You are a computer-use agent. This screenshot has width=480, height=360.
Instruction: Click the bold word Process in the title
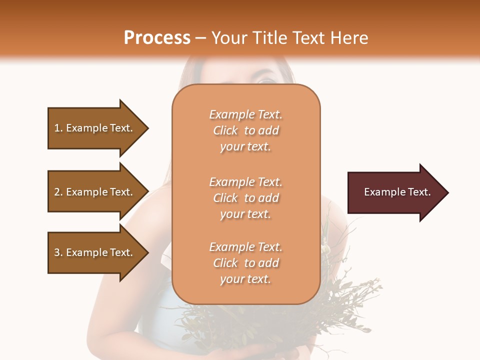point(157,37)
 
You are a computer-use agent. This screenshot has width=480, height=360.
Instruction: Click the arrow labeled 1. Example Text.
point(95,128)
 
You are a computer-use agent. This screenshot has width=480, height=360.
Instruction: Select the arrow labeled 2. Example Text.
point(95,192)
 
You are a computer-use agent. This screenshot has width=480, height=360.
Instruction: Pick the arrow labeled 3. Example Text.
point(95,252)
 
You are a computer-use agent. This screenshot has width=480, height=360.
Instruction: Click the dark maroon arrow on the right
point(395,192)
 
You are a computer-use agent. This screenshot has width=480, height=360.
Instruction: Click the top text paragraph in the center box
point(245,130)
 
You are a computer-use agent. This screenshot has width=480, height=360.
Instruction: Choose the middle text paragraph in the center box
point(245,198)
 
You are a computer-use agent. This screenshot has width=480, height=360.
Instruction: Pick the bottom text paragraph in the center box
point(245,263)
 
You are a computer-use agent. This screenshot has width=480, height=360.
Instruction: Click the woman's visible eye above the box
point(265,80)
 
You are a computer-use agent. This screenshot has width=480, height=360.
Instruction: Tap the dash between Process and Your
point(201,38)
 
